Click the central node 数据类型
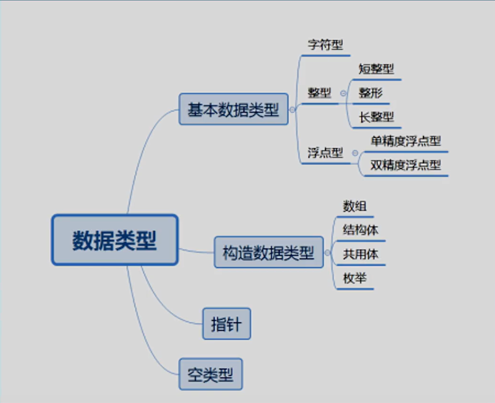115,240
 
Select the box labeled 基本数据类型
233,110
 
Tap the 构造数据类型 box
268,253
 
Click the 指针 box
227,324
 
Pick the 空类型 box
210,374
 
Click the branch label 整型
319,93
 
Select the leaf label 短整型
376,69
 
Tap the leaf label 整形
371,93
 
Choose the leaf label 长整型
376,117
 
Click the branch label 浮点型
325,153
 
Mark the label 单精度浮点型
406,141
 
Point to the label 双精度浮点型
406,165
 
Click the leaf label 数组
355,207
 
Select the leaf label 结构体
361,230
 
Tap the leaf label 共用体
361,254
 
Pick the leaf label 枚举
355,279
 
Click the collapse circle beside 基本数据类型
292,110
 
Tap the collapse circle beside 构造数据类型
327,253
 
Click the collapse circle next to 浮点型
355,153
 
